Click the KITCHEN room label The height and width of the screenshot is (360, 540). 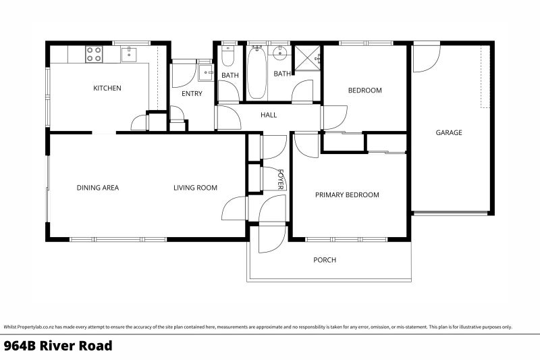click(x=107, y=88)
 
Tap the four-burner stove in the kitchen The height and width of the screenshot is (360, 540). click(x=94, y=54)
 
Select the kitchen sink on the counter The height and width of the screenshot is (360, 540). click(x=129, y=54)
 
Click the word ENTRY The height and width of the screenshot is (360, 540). click(x=192, y=94)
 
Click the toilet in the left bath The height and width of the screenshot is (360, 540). click(x=228, y=53)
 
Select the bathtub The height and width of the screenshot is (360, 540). click(x=256, y=72)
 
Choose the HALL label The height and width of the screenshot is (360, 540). click(x=269, y=115)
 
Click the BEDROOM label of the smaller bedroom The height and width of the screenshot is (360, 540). click(x=364, y=91)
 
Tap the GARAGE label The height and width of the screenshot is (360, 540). click(x=449, y=132)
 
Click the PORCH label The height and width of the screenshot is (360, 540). click(x=325, y=260)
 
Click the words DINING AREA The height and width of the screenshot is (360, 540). click(x=97, y=188)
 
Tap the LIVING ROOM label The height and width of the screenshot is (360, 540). click(x=195, y=188)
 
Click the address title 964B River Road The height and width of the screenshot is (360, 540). click(x=58, y=346)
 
